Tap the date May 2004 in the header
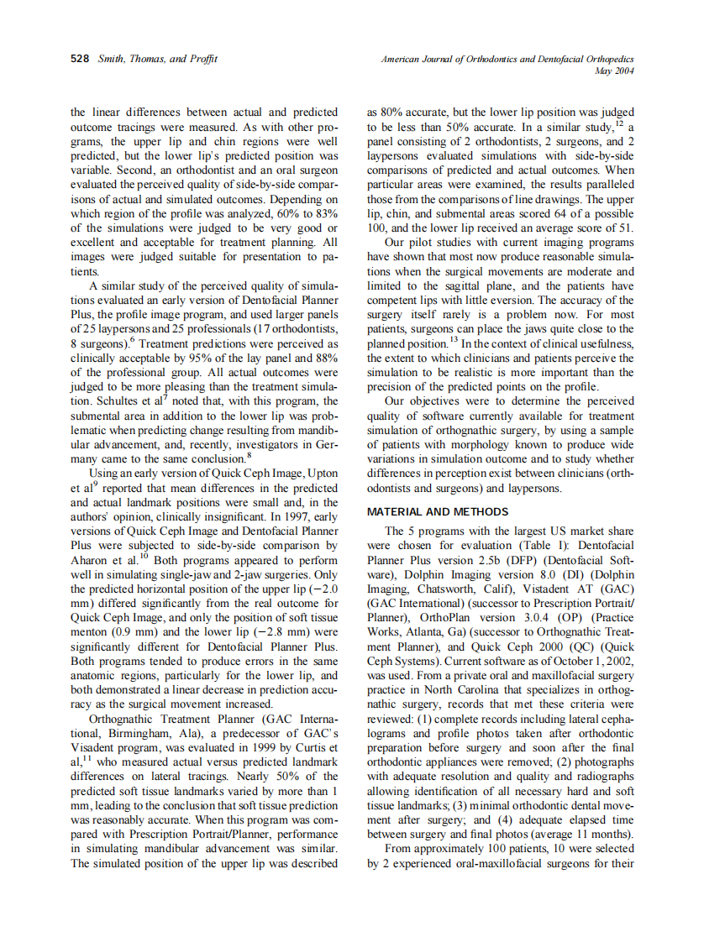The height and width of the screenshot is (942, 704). point(614,71)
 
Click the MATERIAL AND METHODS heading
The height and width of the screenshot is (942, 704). point(438,511)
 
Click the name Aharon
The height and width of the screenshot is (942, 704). point(90,562)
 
